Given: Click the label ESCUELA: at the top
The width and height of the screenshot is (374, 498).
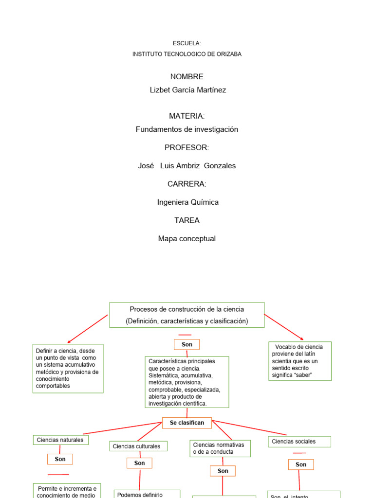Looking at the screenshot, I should tap(187, 44).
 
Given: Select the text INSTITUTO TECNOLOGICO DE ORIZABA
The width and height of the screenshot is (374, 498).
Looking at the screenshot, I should tap(187, 54).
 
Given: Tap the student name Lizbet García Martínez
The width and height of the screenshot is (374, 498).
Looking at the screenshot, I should tap(187, 90).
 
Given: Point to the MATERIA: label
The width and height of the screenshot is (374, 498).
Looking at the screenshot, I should tap(187, 116).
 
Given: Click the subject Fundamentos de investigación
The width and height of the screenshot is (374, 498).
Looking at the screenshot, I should tap(187, 129).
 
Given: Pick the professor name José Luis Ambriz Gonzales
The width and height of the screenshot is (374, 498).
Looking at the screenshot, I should tap(187, 166).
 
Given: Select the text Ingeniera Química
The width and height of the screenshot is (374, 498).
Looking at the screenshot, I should tap(188, 202).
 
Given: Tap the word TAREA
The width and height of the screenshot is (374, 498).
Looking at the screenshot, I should tap(187, 220).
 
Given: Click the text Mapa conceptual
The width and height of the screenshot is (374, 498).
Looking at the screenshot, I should tap(187, 239).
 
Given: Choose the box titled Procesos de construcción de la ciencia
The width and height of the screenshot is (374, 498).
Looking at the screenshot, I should tap(187, 315).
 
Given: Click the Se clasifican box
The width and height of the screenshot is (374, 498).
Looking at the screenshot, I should tap(187, 423).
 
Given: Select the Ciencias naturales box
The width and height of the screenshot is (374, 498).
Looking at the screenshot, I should tap(60, 440).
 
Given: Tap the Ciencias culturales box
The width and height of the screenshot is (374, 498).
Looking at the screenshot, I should tap(138, 446).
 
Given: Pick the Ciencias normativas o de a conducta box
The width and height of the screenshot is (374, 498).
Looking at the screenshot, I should tap(220, 448).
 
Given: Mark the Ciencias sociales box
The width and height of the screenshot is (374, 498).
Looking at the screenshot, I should tap(299, 442).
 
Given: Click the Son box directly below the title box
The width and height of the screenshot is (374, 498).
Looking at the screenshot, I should tap(187, 344).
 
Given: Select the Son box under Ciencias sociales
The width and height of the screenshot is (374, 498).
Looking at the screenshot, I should tap(301, 464).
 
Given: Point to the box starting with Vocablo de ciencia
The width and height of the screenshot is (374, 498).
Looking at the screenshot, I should tap(299, 361).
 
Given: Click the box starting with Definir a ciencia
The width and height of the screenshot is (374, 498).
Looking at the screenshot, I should tap(68, 368).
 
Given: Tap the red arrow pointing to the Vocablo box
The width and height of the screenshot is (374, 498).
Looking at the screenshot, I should tap(284, 327).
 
